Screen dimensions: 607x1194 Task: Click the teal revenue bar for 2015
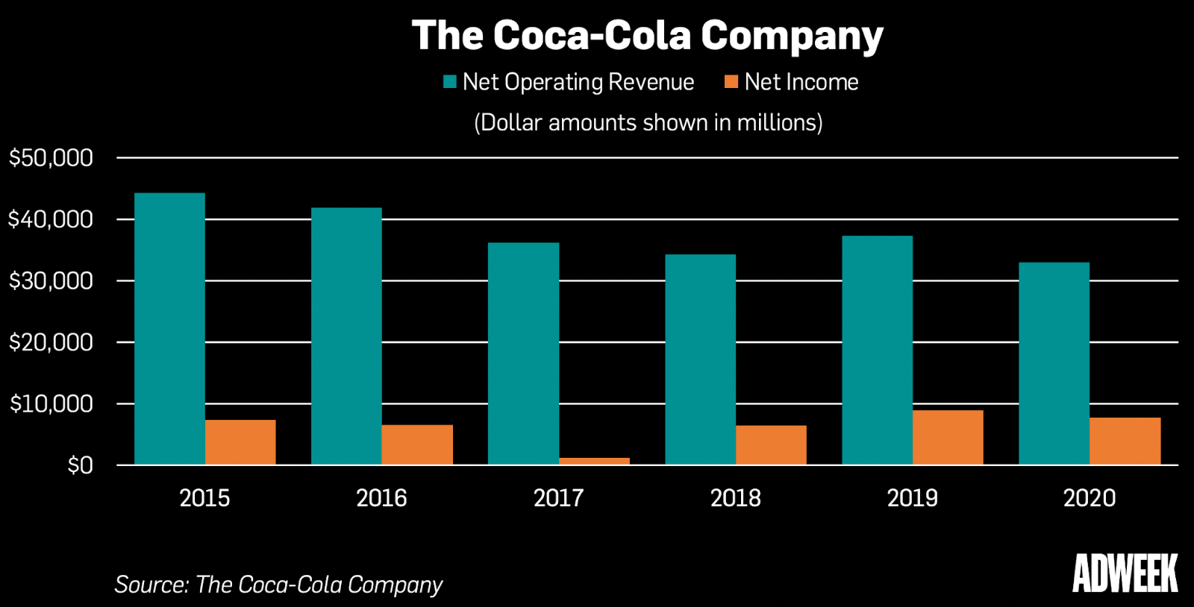coord(169,328)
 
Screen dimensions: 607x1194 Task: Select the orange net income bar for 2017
coord(594,461)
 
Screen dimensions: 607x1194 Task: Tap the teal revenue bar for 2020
coord(1054,363)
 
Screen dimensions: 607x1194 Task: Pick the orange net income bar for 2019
coord(948,437)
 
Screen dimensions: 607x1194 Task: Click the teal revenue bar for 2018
coord(700,359)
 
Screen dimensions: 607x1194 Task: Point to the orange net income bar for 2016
coord(417,444)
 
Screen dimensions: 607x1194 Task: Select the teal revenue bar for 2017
coord(523,353)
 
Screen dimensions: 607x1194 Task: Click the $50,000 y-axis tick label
coord(51,158)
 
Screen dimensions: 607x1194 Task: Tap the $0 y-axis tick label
coord(80,465)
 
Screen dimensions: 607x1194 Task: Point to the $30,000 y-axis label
coord(51,281)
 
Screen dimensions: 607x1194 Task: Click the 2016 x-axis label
coord(381,498)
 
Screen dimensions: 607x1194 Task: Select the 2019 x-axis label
coord(912,498)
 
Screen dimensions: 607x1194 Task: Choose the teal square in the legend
coord(449,81)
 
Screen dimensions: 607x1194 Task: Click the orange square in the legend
coord(731,81)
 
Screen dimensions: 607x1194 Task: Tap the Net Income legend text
coord(801,82)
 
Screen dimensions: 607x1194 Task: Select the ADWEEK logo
coord(1125,573)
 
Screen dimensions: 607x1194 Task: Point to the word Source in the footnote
coord(150,584)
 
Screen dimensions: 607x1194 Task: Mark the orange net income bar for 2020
coord(1125,441)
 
